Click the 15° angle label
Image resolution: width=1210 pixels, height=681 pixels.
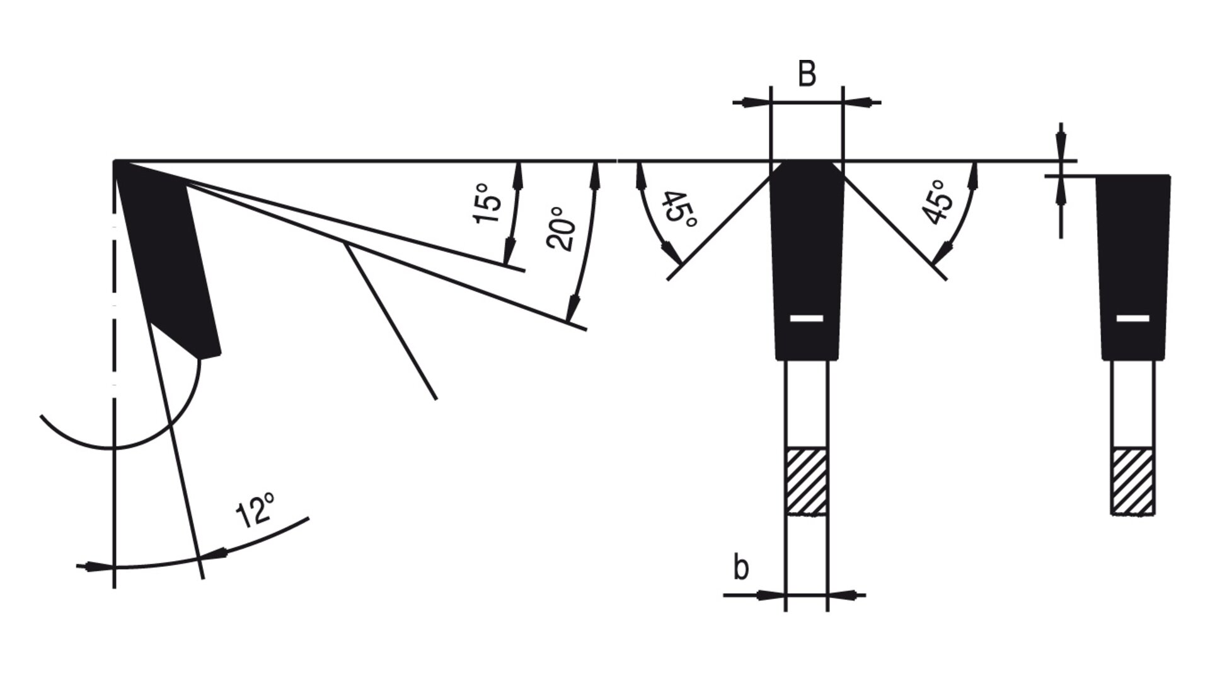pos(488,203)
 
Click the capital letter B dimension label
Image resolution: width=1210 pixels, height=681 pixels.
pos(807,74)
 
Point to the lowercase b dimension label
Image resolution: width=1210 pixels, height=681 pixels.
pos(741,568)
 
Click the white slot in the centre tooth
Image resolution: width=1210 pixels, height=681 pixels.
pos(807,318)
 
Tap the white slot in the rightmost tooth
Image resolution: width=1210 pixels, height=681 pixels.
pos(1132,318)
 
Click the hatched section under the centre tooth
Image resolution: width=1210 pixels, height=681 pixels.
pos(806,481)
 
